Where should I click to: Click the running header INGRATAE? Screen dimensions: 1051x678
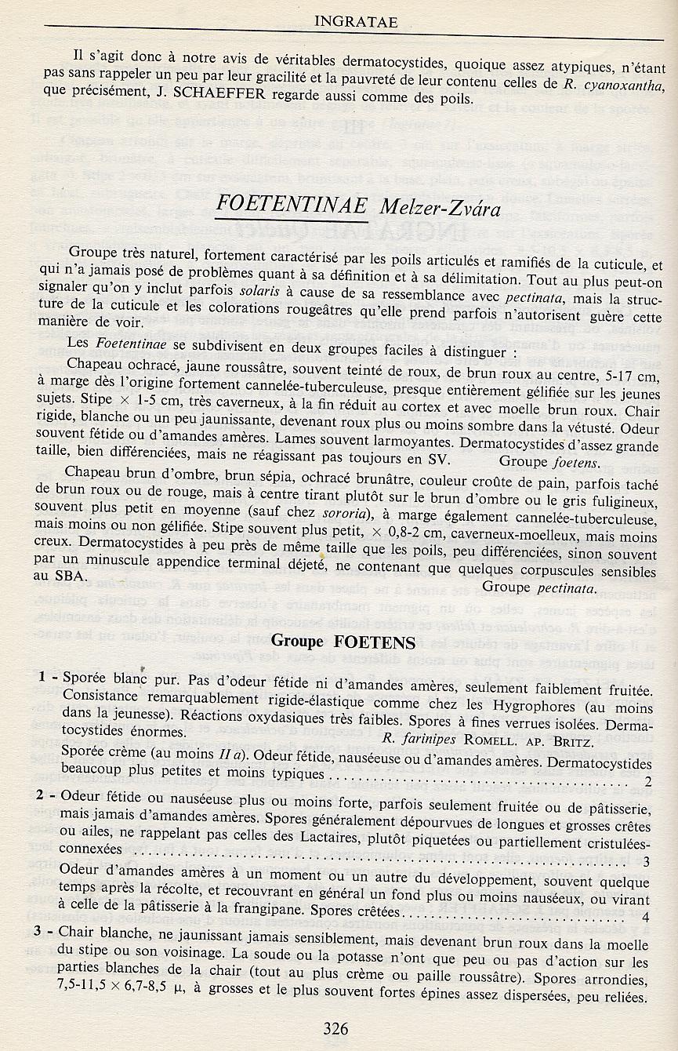[x=355, y=22]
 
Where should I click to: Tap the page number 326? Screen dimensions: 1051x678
[x=335, y=1028]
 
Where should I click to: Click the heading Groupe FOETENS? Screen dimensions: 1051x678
[x=343, y=641]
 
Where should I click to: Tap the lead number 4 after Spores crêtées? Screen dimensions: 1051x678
[x=646, y=917]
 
